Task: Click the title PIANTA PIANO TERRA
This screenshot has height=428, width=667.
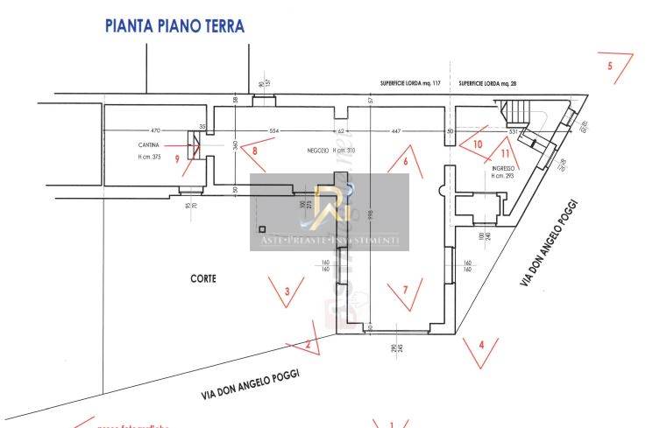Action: (174, 25)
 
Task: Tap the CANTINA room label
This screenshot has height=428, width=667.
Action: (148, 144)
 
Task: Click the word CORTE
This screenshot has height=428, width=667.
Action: (202, 278)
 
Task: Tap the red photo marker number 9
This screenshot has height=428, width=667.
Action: (177, 158)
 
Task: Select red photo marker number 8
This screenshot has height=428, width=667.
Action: (255, 151)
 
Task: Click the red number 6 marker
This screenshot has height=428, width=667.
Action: (406, 161)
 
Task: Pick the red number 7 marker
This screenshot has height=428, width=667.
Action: (405, 289)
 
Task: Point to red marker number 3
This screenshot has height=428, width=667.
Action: (287, 291)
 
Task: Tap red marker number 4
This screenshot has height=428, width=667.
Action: (480, 343)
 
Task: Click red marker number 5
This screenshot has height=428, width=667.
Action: (610, 66)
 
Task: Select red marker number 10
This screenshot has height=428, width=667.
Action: (478, 143)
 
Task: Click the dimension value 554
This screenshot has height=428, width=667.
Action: (273, 130)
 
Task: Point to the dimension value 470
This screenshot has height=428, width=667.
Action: (156, 130)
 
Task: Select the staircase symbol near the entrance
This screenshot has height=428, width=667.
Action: (518, 110)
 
